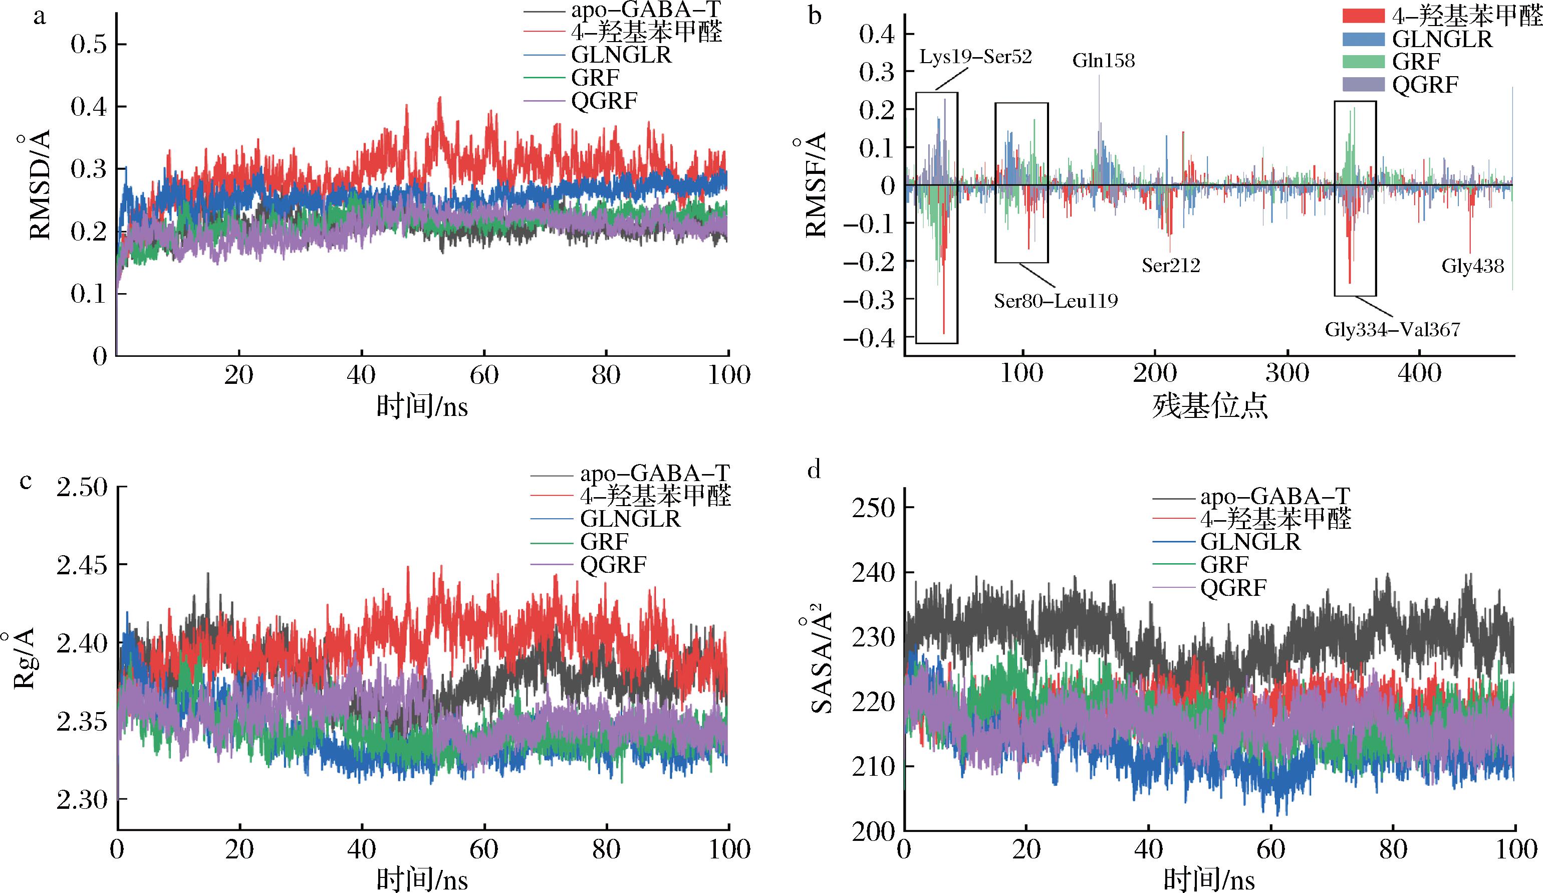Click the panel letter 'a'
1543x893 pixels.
(40, 17)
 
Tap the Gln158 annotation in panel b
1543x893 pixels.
(1103, 61)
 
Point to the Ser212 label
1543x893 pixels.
(1171, 265)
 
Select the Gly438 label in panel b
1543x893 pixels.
(1472, 266)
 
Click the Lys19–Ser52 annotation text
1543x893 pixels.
(975, 57)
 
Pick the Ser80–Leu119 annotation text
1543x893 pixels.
(1056, 301)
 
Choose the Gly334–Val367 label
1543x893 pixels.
(1392, 330)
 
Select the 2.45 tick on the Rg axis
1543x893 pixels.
(82, 565)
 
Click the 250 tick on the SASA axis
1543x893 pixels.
(872, 507)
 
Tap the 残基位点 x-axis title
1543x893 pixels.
(1209, 406)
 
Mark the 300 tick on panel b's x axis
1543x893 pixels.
(1287, 373)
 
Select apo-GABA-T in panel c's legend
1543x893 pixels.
(655, 474)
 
